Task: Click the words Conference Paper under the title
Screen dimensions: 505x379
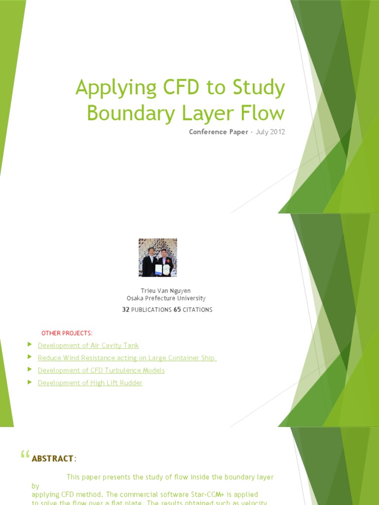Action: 218,132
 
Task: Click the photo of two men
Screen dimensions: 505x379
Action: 157,257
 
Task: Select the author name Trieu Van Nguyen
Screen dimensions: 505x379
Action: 166,290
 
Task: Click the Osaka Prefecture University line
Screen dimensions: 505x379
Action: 166,298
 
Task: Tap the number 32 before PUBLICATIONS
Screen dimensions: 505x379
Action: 125,310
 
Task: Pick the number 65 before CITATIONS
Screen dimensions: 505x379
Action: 177,310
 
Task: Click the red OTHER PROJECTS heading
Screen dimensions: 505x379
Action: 67,333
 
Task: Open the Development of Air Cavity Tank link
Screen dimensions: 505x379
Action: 88,346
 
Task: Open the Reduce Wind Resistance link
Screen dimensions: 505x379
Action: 127,358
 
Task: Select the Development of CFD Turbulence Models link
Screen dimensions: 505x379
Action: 101,370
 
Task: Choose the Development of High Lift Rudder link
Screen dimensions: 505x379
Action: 90,383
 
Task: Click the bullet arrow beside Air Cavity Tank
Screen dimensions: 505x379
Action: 30,344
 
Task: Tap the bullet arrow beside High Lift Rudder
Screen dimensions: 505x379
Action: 30,381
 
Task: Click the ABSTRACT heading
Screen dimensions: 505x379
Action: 52,459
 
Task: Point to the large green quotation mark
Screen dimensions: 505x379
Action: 25,456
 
